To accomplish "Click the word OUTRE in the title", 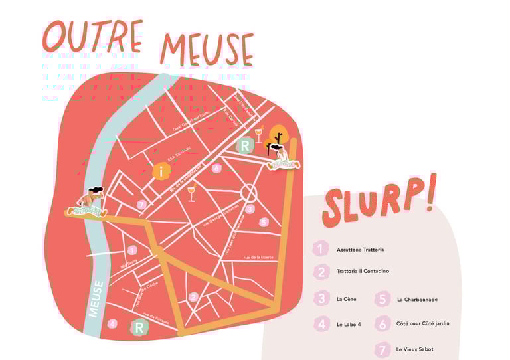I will pyautogui.click(x=93, y=36).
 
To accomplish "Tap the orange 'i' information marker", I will pyautogui.click(x=161, y=171).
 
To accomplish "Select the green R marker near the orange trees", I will pyautogui.click(x=245, y=145).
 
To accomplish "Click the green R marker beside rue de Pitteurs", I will pyautogui.click(x=139, y=327).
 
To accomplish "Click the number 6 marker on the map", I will pyautogui.click(x=216, y=168).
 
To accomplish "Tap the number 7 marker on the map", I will pyautogui.click(x=141, y=205).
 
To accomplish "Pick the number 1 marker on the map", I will pyautogui.click(x=132, y=250).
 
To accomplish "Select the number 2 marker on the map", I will pyautogui.click(x=193, y=297).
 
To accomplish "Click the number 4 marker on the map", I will pyautogui.click(x=112, y=323).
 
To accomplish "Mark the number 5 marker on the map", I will pyautogui.click(x=264, y=222).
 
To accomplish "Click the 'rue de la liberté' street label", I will pyautogui.click(x=259, y=257).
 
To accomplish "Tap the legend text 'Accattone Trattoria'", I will pyautogui.click(x=360, y=250).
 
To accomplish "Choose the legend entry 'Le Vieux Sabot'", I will pyautogui.click(x=414, y=349).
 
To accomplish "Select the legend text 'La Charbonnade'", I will pyautogui.click(x=417, y=299).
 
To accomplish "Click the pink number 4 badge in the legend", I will pyautogui.click(x=322, y=324).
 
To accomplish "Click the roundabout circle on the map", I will pyautogui.click(x=249, y=193).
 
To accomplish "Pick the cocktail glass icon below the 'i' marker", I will pyautogui.click(x=191, y=193).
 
